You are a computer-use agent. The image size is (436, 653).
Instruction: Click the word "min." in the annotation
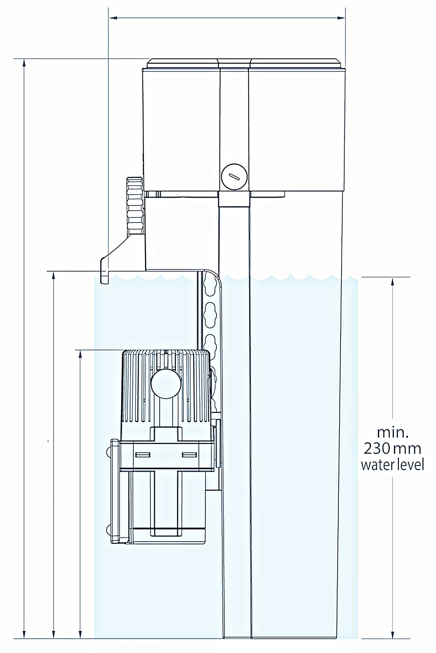[x=393, y=433]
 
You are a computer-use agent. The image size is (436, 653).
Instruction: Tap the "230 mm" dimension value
[x=393, y=448]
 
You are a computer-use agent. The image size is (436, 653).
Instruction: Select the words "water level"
[x=393, y=464]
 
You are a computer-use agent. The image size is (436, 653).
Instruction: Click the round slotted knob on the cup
[x=234, y=177]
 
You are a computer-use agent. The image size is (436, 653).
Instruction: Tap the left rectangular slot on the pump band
[x=143, y=455]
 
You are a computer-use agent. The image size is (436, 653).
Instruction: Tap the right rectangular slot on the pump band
[x=189, y=455]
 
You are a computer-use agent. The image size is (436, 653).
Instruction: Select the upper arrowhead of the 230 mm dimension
[x=392, y=281]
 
